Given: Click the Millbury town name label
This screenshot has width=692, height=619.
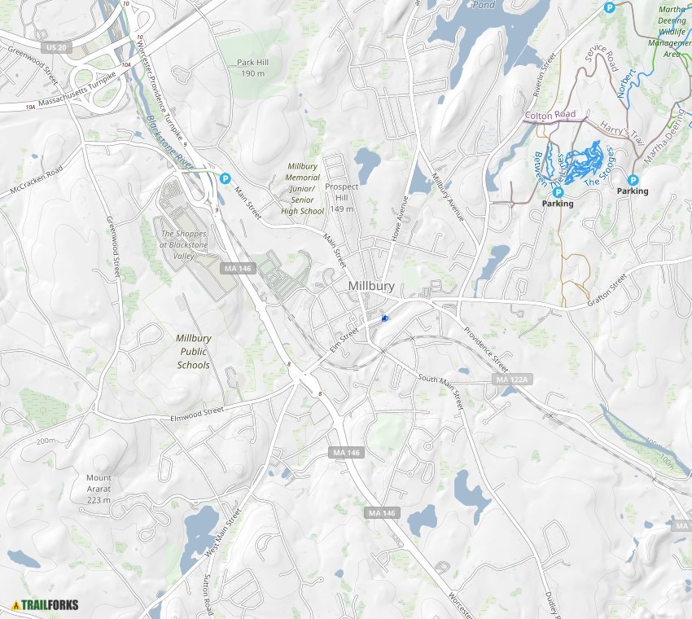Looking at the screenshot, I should [x=371, y=286].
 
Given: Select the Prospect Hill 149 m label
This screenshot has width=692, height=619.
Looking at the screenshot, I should [x=342, y=197].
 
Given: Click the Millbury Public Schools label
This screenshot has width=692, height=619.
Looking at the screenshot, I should [x=194, y=351].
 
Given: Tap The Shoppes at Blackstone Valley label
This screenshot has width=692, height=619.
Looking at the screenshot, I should [x=184, y=244].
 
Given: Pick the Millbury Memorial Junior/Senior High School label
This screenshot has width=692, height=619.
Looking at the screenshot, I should [x=304, y=188].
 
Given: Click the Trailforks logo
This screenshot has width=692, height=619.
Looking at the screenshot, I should [x=46, y=605].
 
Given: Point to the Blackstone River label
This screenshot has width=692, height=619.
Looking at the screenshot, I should [x=171, y=143].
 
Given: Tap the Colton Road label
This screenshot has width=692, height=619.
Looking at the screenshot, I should [x=550, y=116].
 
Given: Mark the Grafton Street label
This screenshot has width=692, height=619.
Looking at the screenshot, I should [x=607, y=292].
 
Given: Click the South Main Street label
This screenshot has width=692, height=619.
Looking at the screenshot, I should [x=440, y=390].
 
